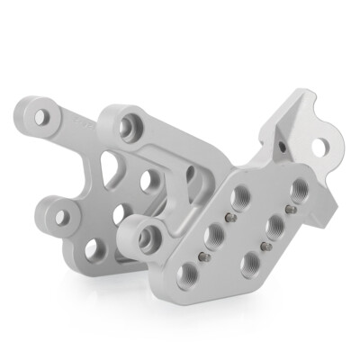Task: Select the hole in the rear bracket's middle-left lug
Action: tap(60, 216)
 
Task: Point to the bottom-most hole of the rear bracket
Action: tap(94, 249)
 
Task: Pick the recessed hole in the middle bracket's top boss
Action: tap(128, 125)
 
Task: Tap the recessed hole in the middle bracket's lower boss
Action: tap(146, 238)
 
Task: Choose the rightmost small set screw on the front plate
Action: tap(290, 209)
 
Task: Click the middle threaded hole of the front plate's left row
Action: tap(216, 236)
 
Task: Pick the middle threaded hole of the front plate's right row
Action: tap(273, 225)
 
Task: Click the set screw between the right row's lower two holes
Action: tap(264, 245)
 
